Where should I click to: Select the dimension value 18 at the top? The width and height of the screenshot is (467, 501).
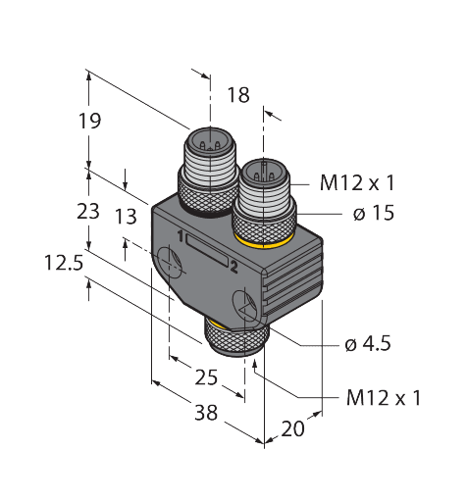[237, 95]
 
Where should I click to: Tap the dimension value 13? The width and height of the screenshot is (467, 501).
[125, 217]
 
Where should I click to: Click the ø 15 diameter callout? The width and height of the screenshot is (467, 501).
[369, 213]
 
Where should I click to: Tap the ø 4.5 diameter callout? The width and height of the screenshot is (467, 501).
[369, 344]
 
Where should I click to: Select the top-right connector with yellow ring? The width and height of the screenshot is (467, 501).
[262, 201]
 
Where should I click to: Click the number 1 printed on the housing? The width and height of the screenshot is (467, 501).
[182, 234]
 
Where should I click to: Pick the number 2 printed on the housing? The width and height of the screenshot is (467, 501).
[233, 266]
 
